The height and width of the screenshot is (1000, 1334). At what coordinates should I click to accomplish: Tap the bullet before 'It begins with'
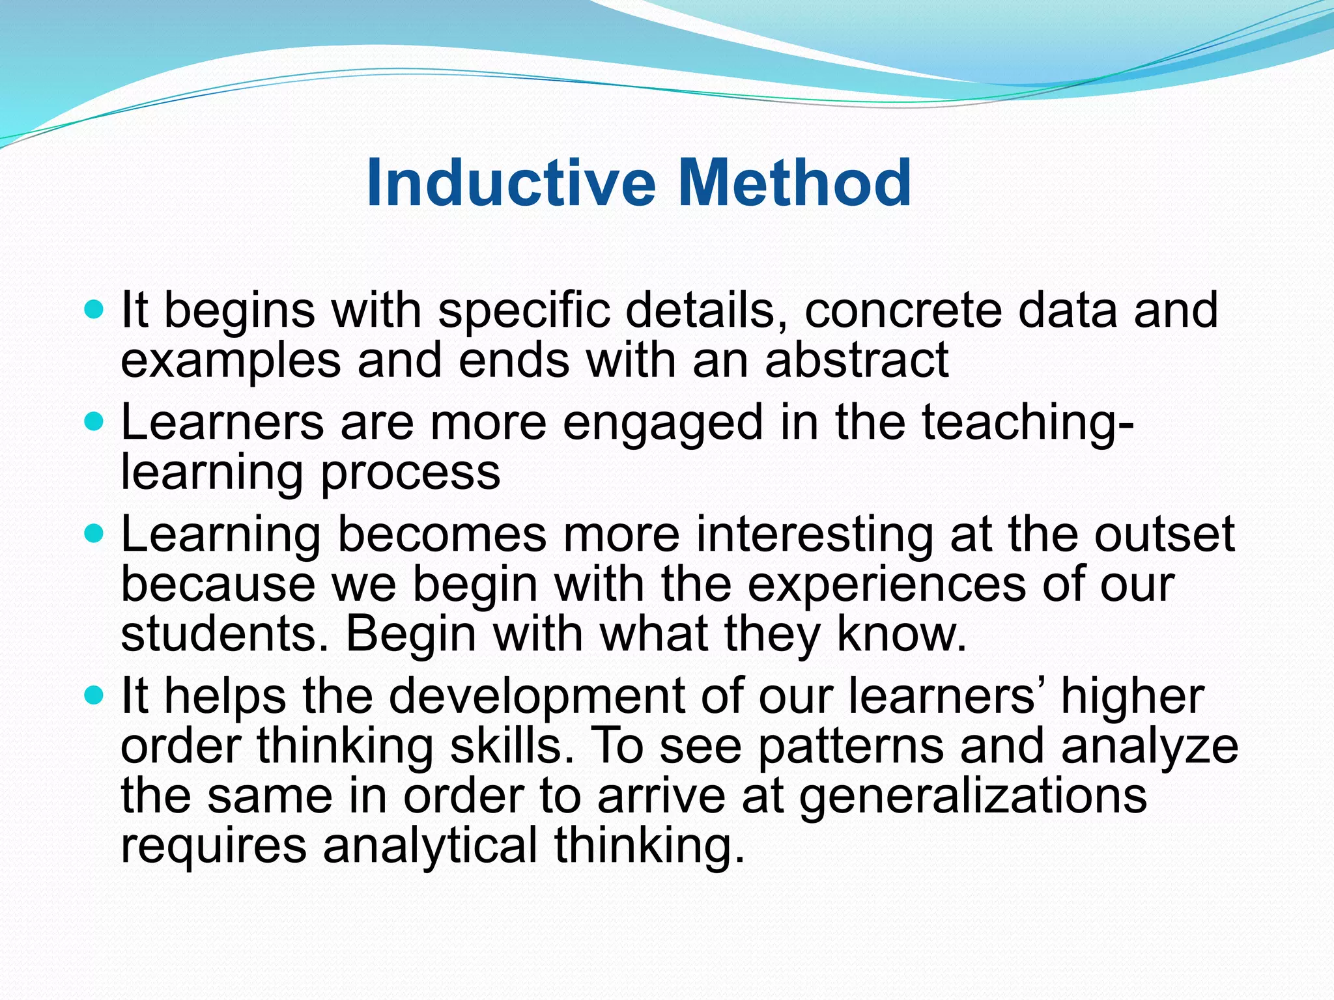(x=94, y=309)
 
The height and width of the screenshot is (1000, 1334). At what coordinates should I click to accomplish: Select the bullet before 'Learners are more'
(x=94, y=422)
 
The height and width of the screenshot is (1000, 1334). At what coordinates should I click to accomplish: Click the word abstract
(x=857, y=360)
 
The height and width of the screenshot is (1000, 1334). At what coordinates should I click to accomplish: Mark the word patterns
(x=850, y=746)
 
